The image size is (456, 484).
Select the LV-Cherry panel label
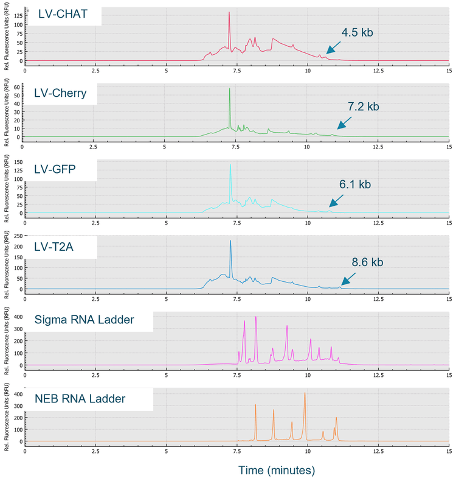[60, 93]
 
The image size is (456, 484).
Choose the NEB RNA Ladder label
[80, 399]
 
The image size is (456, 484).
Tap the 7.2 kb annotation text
[363, 107]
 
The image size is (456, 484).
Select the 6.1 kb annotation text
[354, 184]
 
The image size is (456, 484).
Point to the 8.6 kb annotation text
[367, 262]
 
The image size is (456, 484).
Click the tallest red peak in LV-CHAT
[229, 13]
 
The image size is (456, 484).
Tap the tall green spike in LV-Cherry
[229, 89]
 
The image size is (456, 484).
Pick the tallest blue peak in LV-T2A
[230, 241]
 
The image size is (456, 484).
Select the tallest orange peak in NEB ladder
[305, 393]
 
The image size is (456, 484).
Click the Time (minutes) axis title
[277, 470]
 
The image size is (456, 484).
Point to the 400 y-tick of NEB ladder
[17, 395]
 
